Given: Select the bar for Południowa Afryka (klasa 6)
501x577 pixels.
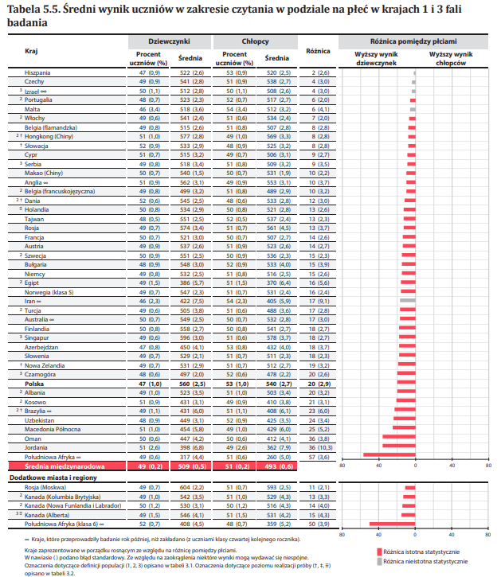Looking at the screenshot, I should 393,524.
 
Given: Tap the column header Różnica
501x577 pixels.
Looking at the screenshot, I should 318,49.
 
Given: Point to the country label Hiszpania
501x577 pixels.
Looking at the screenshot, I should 39,72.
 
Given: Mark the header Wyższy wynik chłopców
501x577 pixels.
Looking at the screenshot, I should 450,57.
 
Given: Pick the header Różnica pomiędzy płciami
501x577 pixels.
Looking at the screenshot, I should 414,38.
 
